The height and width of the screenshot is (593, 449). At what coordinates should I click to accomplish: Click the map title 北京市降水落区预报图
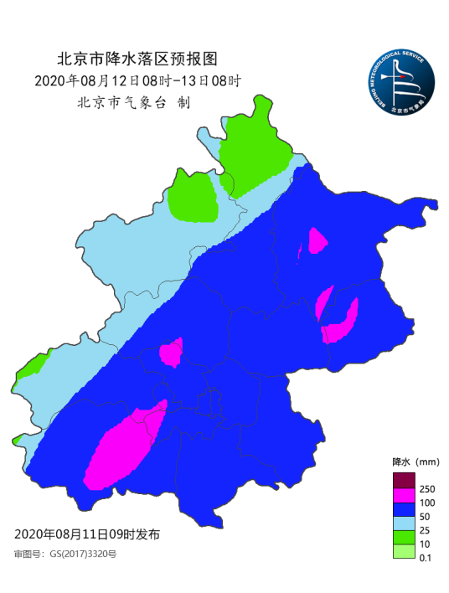(137, 59)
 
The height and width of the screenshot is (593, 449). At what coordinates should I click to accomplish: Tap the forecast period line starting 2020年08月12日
(138, 81)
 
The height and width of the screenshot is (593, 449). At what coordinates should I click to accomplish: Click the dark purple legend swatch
(404, 481)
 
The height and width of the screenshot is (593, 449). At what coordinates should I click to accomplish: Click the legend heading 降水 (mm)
(415, 462)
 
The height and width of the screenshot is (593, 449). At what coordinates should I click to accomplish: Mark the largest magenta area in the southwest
(121, 446)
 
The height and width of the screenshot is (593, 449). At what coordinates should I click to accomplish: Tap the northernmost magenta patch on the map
(317, 242)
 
